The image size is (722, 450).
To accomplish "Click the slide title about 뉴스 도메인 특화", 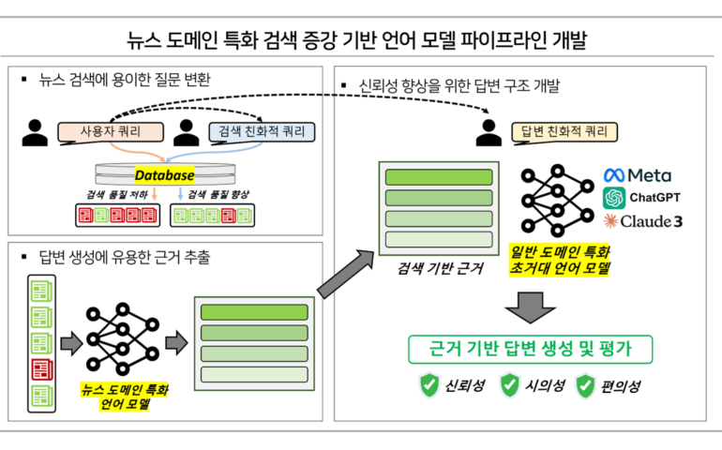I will [x=360, y=40].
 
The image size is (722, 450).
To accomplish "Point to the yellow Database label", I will [x=163, y=175].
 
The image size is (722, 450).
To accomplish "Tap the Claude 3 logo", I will [x=641, y=221].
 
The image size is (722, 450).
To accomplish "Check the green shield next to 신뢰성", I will [x=429, y=384].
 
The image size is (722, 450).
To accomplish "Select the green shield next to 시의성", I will [x=509, y=384].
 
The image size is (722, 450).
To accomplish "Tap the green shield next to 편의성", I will [x=586, y=384].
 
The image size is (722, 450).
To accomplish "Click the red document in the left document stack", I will [x=42, y=368].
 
